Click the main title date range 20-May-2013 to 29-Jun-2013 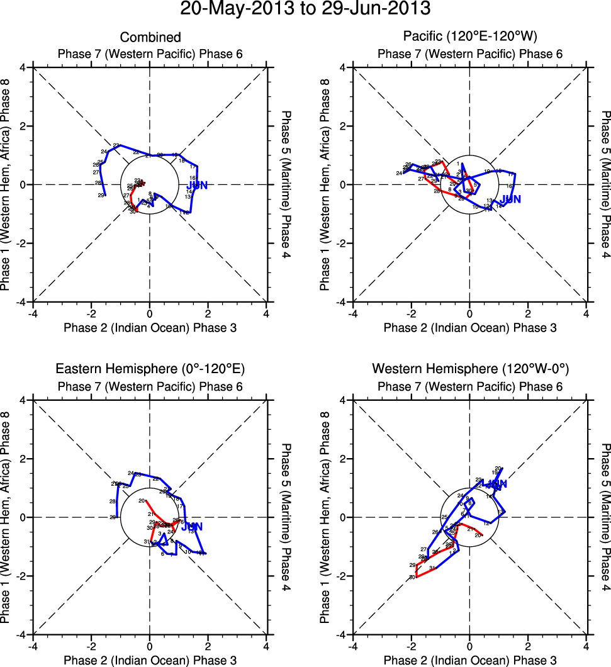305,9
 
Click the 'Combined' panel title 150,38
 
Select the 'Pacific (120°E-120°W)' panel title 470,38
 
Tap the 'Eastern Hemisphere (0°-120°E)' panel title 150,369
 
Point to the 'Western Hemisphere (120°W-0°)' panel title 470,369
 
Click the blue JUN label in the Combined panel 197,185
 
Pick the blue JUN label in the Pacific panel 511,199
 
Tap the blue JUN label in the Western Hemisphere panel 495,485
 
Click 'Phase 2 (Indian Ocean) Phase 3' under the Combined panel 150,327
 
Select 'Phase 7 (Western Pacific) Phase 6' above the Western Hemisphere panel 470,386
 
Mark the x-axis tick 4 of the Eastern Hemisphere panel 266,646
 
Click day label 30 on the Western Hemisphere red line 412,577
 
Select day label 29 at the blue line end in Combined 101,196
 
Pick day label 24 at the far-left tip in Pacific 399,173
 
